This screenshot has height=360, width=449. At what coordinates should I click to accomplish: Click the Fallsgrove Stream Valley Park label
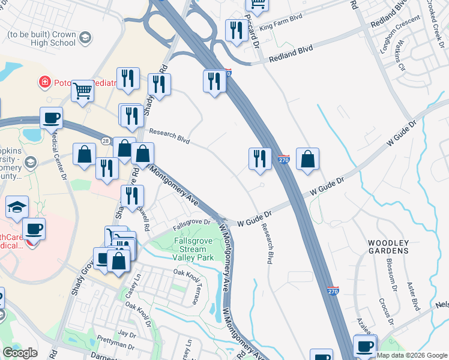coord(193,248)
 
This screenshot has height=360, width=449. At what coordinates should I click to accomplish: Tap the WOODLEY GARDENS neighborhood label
coord(388,247)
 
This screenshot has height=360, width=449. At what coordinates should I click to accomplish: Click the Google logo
coord(20,353)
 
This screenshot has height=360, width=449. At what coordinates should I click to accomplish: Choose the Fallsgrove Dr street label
coord(191,224)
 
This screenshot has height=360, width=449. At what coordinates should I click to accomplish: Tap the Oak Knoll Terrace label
coord(189,284)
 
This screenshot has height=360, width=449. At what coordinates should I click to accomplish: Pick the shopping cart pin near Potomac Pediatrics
coord(83,92)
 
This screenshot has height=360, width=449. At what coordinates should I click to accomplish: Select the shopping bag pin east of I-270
coord(307,159)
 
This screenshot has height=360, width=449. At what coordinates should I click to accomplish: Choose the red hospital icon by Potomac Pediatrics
coord(44,82)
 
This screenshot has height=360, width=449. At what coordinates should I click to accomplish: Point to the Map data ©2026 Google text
coord(412,355)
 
